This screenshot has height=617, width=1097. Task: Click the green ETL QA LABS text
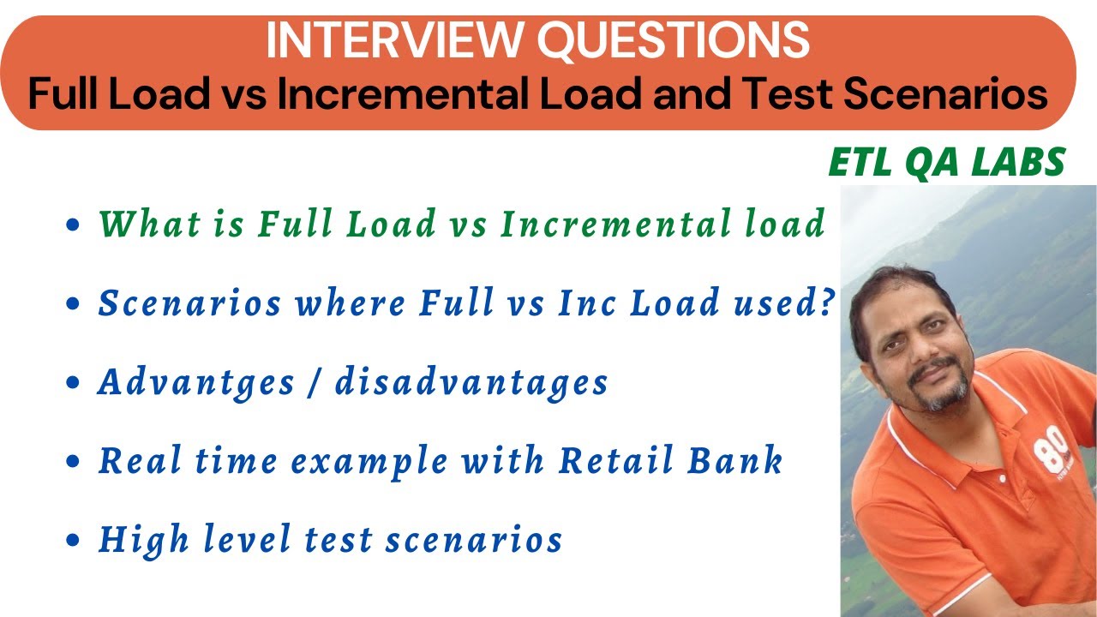947,163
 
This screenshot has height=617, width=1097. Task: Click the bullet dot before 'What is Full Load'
73,226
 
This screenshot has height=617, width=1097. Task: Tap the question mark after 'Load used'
827,304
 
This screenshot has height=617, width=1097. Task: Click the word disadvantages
471,382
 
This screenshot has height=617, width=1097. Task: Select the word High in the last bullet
133,540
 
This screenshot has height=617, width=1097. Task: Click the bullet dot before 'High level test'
73,542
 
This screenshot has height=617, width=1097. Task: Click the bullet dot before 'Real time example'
73,463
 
